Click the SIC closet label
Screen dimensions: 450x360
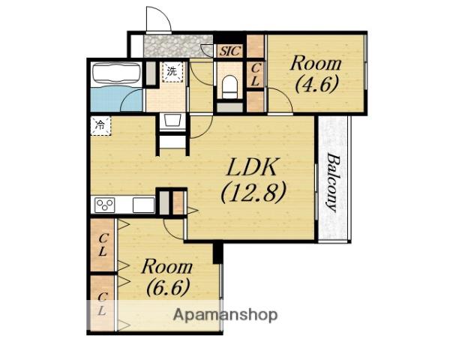[230, 52]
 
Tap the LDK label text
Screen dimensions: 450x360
[252, 166]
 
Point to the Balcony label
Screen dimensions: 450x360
[332, 182]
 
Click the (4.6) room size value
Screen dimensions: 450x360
[316, 84]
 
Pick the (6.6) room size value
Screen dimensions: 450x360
[168, 287]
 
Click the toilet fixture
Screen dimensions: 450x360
[229, 87]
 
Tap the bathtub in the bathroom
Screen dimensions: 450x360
[116, 74]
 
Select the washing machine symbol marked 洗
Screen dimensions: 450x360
[172, 71]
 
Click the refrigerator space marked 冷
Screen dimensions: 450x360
[100, 125]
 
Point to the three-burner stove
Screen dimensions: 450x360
[105, 205]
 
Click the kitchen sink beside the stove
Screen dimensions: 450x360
[143, 205]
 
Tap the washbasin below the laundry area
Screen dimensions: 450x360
[172, 121]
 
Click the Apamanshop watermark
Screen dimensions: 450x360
[225, 315]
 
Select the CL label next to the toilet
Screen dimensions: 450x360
[256, 75]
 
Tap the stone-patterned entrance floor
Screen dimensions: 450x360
[178, 46]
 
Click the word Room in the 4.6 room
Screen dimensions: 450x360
[316, 64]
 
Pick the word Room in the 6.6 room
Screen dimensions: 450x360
[167, 266]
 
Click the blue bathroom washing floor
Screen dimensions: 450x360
[116, 99]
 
